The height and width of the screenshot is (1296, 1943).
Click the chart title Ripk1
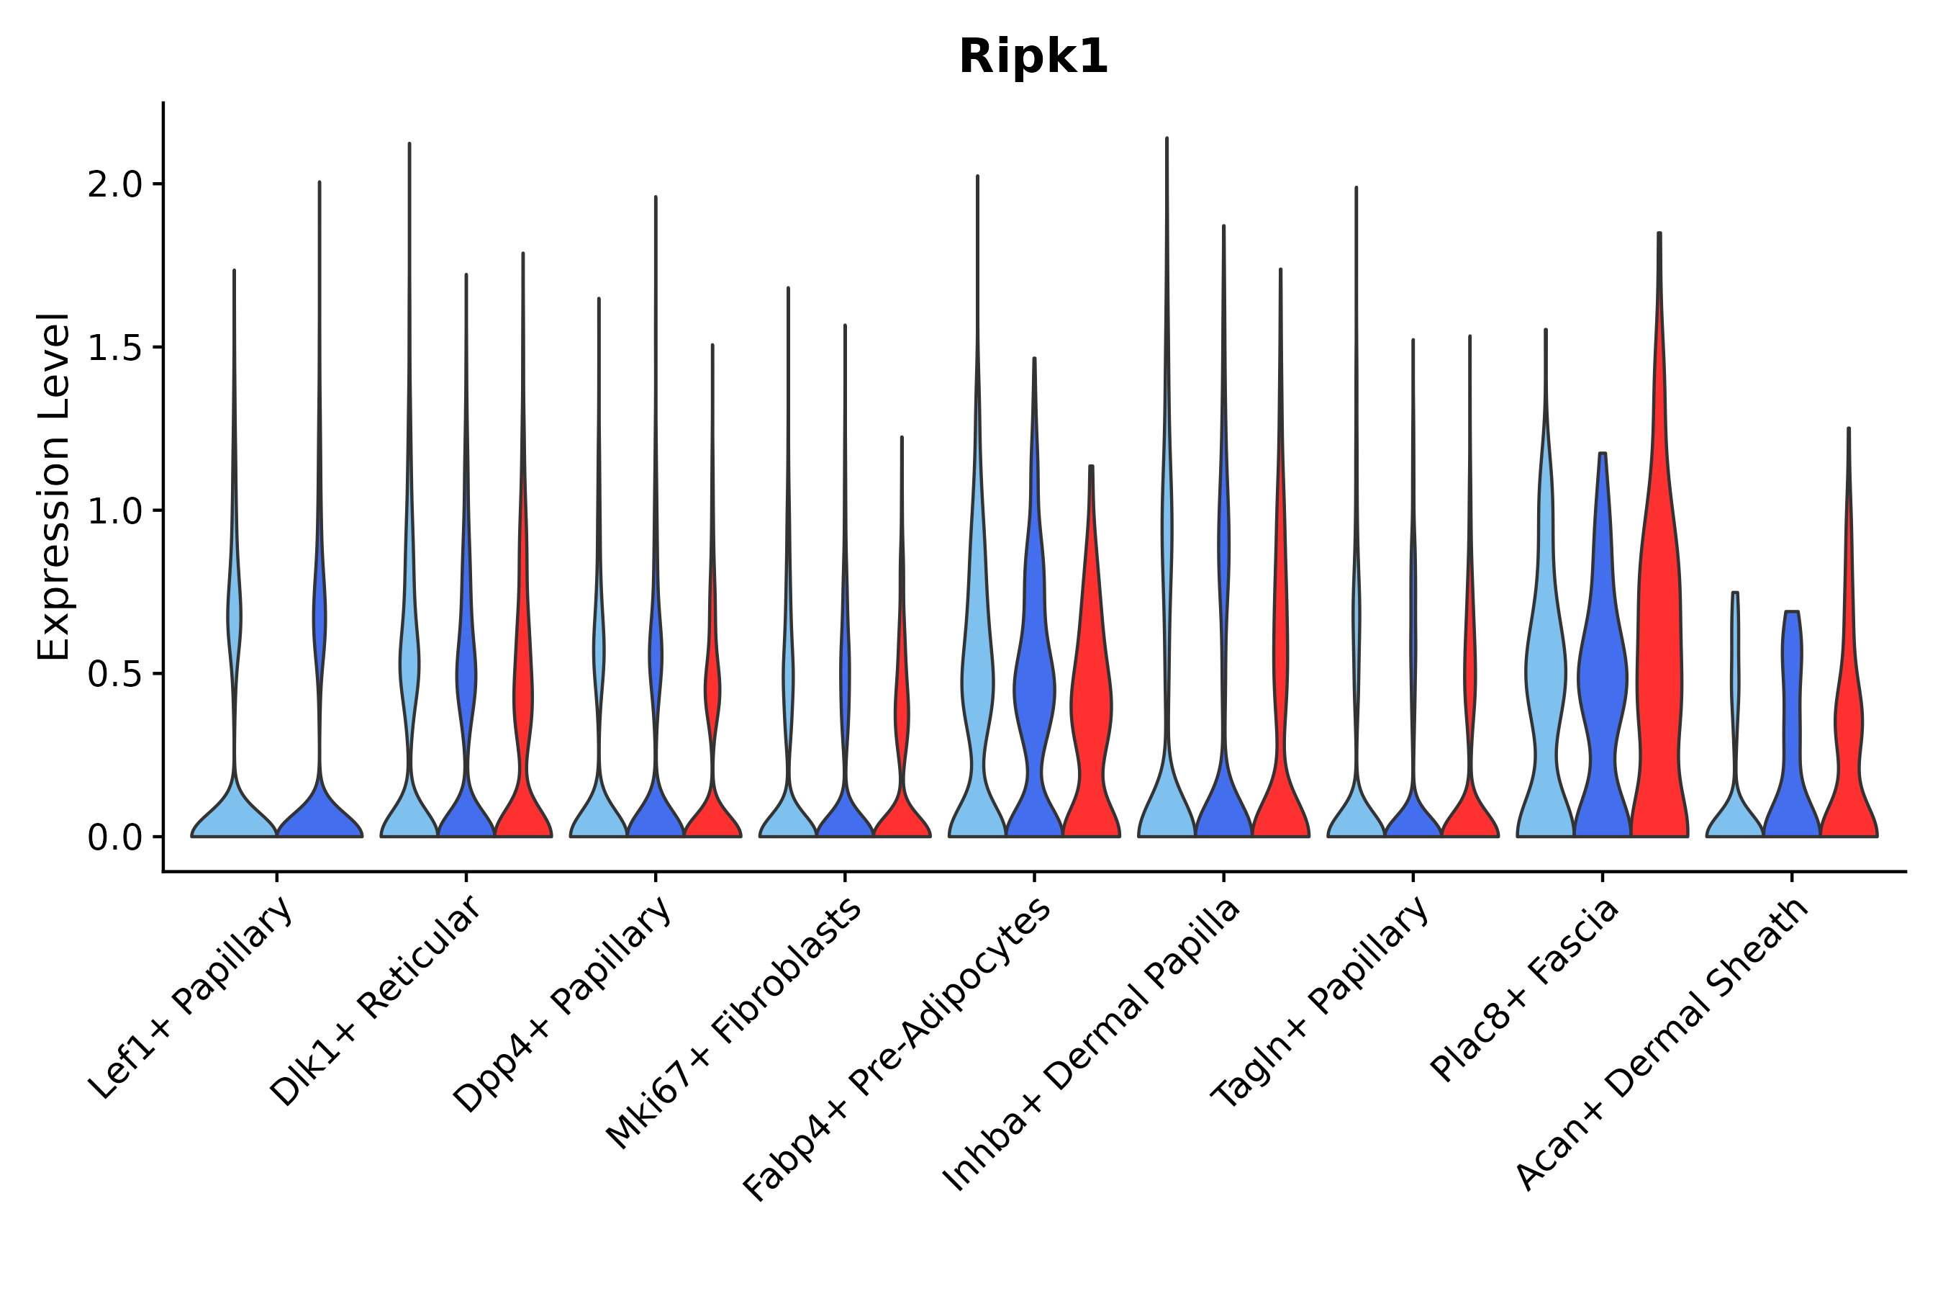click(1033, 58)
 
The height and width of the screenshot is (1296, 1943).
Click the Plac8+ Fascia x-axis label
click(1525, 990)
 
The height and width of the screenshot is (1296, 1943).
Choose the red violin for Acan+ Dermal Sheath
click(1849, 744)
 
